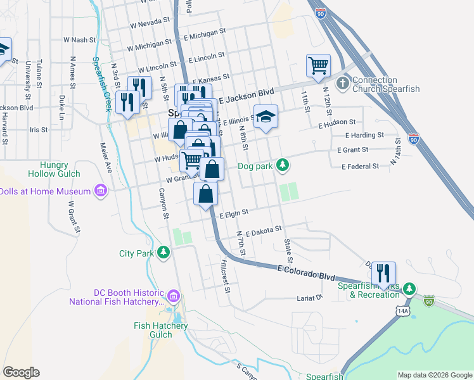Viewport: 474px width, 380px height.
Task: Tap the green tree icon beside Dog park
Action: click(283, 166)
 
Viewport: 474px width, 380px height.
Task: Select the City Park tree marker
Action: click(163, 253)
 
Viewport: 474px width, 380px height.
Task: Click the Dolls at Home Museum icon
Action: click(100, 191)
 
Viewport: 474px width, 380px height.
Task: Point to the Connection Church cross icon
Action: click(342, 83)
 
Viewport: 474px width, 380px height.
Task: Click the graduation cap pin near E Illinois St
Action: click(266, 117)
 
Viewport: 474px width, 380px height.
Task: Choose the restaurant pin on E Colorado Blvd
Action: click(383, 273)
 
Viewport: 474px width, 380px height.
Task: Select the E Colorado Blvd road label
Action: click(306, 273)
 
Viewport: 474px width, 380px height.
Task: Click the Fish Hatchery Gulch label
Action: click(161, 330)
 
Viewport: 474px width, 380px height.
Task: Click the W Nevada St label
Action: click(150, 23)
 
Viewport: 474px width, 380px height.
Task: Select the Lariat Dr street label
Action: click(311, 297)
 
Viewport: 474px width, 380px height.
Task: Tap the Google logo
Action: click(21, 372)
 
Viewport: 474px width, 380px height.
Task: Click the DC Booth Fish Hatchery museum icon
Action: click(174, 296)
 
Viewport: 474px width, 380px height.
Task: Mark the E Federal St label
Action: click(360, 167)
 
